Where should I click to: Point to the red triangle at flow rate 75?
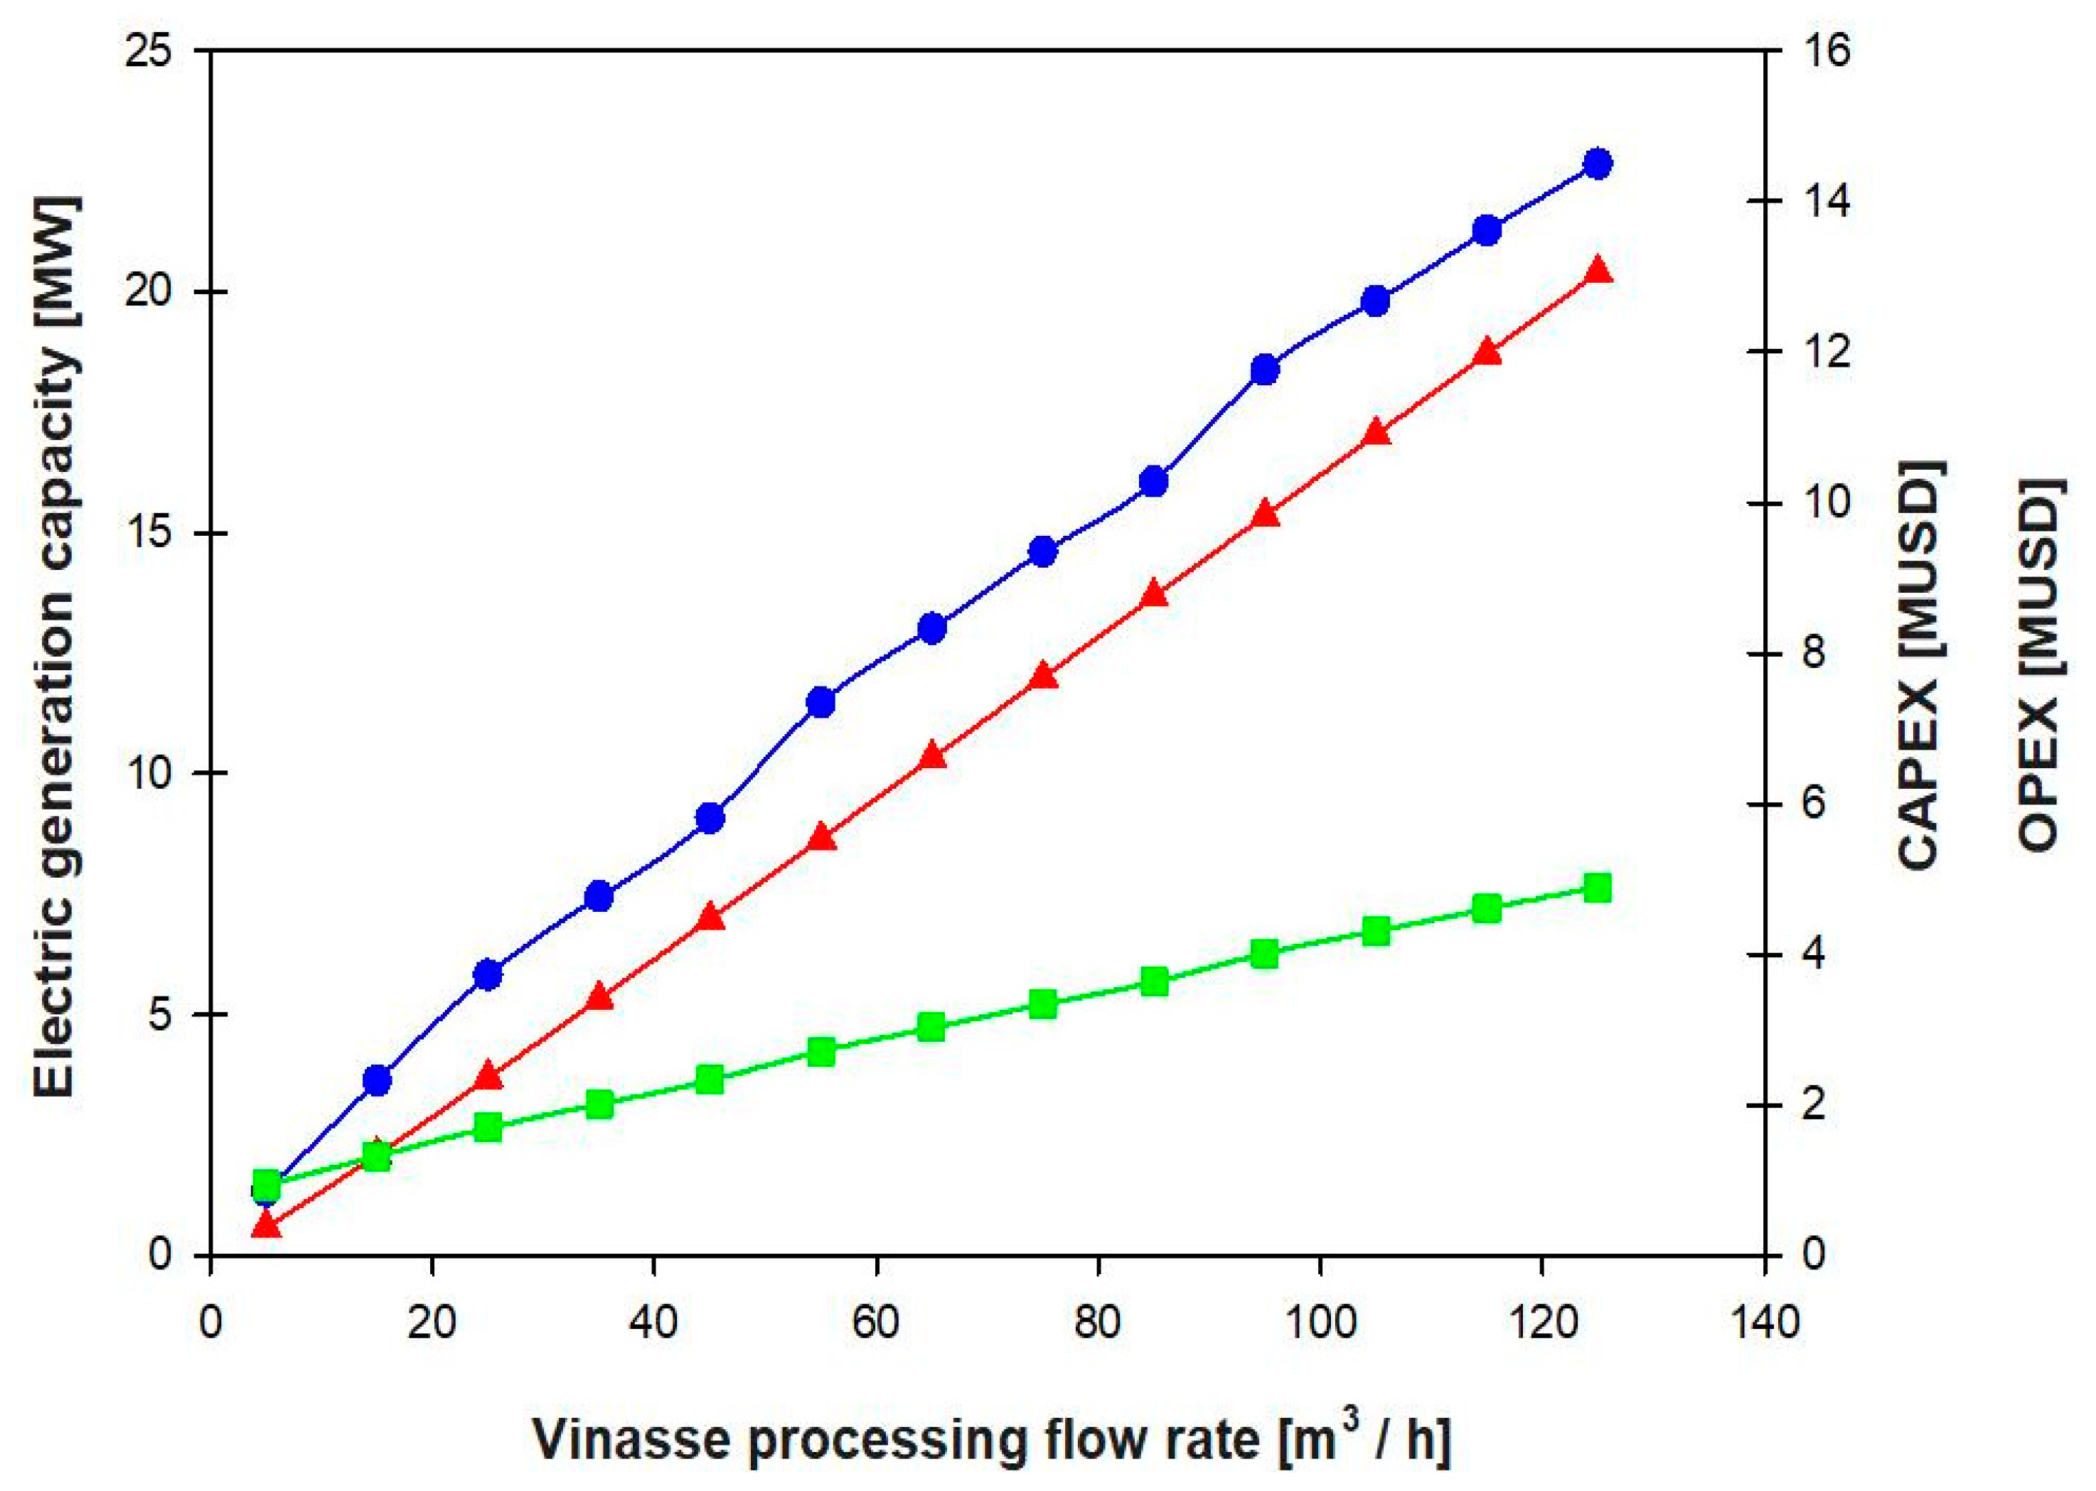(1042, 677)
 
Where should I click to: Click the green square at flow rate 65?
(931, 1026)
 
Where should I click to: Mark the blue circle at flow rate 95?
(1265, 370)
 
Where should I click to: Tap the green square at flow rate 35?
(600, 1104)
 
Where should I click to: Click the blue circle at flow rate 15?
(378, 1081)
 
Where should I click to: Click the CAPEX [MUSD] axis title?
(1920, 666)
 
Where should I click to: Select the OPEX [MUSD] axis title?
(2039, 666)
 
